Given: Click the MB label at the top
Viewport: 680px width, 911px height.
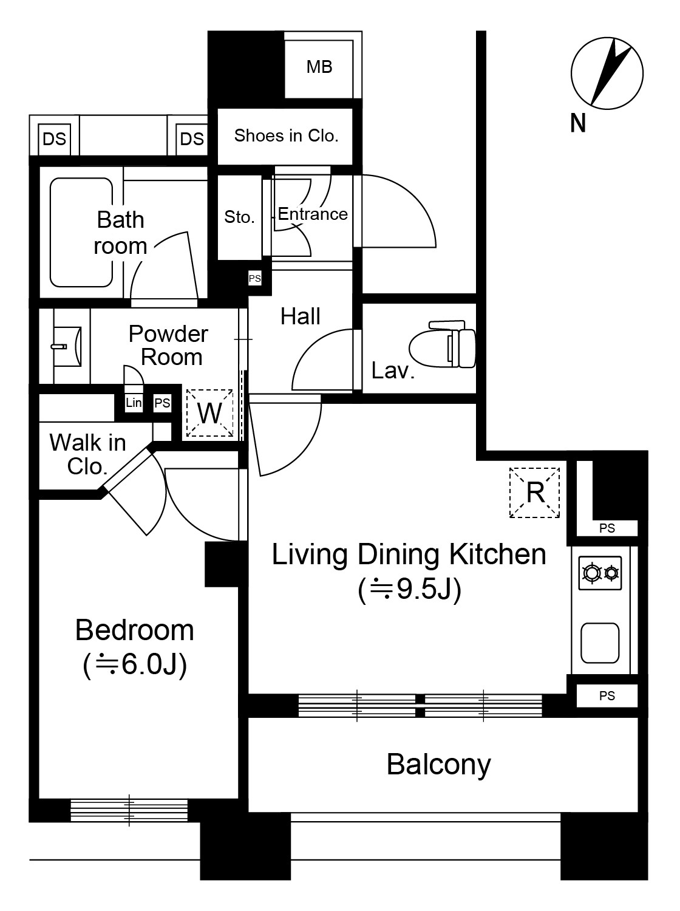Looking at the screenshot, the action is pos(319,67).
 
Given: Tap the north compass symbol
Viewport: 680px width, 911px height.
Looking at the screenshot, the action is pos(607,73).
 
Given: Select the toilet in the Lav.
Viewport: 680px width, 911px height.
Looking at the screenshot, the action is pos(442,344).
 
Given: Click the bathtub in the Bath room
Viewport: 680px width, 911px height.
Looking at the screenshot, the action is pos(81,233).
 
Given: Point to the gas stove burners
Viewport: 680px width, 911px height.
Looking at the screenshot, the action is pos(600,573).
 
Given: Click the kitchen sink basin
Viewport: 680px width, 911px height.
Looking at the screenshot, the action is pos(600,643).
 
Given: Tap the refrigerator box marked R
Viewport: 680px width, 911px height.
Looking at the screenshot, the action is pos(534,493).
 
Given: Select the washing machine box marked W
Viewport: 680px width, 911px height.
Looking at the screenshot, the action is pos(209,413).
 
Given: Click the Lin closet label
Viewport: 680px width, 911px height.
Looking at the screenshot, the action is pos(134,402).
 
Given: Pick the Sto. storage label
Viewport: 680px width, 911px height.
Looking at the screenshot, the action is pos(239,217).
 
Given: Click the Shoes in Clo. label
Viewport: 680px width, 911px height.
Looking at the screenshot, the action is pos(287,135).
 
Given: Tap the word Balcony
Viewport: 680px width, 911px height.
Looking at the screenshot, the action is pos(438,765).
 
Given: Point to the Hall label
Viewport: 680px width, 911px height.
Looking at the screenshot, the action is pos(301,316).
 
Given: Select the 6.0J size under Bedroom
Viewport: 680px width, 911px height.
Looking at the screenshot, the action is pos(135,664).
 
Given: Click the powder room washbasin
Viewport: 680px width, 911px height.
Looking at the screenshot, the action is pos(66,346).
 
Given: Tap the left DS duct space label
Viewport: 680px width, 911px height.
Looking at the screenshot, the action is pos(55,139).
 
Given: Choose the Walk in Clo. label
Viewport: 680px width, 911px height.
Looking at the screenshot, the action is pos(87,454).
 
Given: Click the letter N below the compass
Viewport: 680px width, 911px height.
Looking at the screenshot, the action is pos(578,123).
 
